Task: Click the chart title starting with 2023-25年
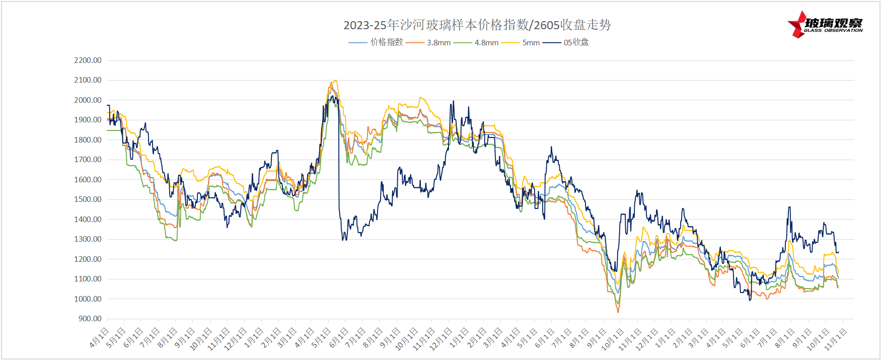pos(477,25)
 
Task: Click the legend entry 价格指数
pos(387,42)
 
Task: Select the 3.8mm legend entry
pos(438,43)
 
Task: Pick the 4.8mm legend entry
pos(486,43)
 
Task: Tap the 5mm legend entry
pos(531,43)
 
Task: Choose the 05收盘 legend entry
pos(576,42)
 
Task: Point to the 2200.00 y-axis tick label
pos(88,60)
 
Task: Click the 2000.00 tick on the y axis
pos(88,100)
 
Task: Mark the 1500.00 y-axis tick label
pos(88,199)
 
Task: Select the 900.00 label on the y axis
pos(90,319)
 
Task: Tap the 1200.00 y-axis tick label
pos(88,259)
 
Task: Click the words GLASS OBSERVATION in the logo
pos(833,31)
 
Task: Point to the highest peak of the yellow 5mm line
pos(335,81)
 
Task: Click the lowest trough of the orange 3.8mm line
pos(618,312)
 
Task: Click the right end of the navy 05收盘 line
pos(838,252)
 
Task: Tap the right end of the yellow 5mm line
pos(838,273)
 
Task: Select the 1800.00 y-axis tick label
pos(88,140)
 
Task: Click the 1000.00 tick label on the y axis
pos(88,299)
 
